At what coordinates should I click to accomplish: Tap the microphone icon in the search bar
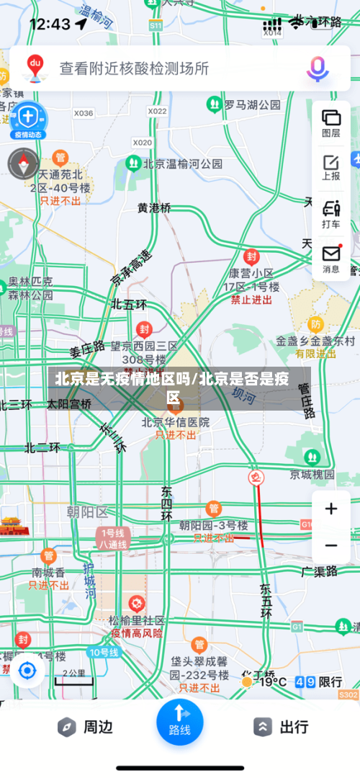point(318,68)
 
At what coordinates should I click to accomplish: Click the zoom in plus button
point(331,509)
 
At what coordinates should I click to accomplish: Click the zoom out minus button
point(331,545)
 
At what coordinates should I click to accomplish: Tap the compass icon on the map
point(23,163)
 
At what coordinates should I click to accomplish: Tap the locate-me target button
point(27,671)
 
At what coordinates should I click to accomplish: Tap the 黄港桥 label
point(155,207)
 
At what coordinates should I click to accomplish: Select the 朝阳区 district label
point(86,512)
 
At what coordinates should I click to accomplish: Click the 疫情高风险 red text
point(137,633)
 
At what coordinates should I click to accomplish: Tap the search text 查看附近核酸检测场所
point(134,68)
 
